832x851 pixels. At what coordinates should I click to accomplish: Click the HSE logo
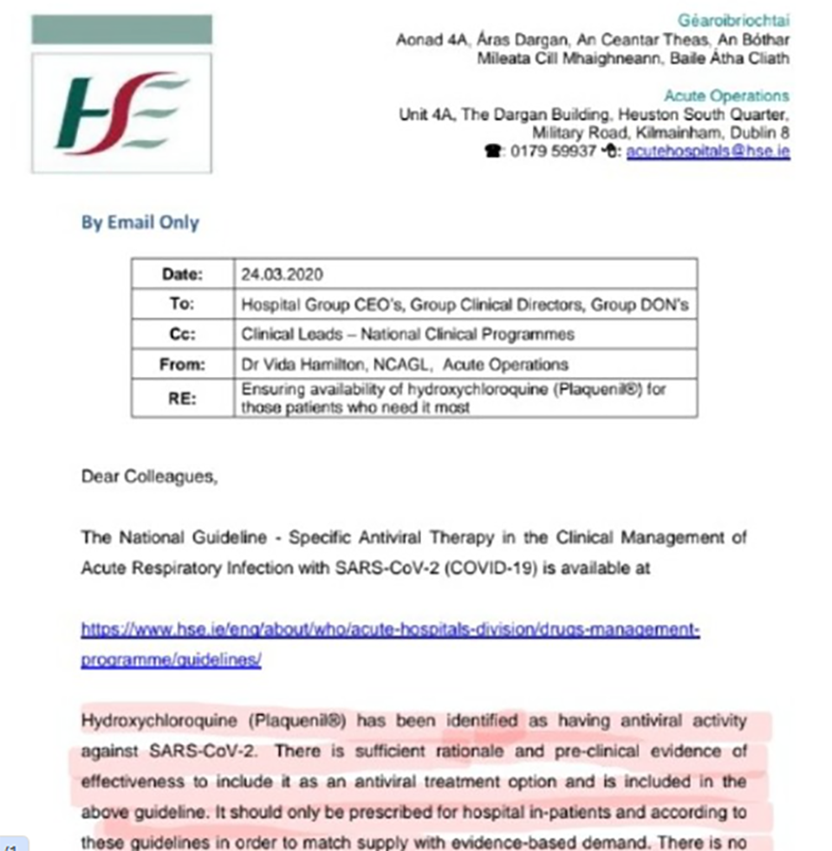click(121, 113)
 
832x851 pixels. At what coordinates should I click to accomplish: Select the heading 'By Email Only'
click(140, 223)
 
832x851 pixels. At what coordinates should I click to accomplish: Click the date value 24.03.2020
click(282, 275)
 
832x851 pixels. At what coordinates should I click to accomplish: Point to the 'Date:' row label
click(182, 275)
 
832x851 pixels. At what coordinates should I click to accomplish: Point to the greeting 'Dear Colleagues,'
click(150, 476)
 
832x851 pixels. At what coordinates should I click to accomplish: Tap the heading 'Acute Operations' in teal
click(726, 96)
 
